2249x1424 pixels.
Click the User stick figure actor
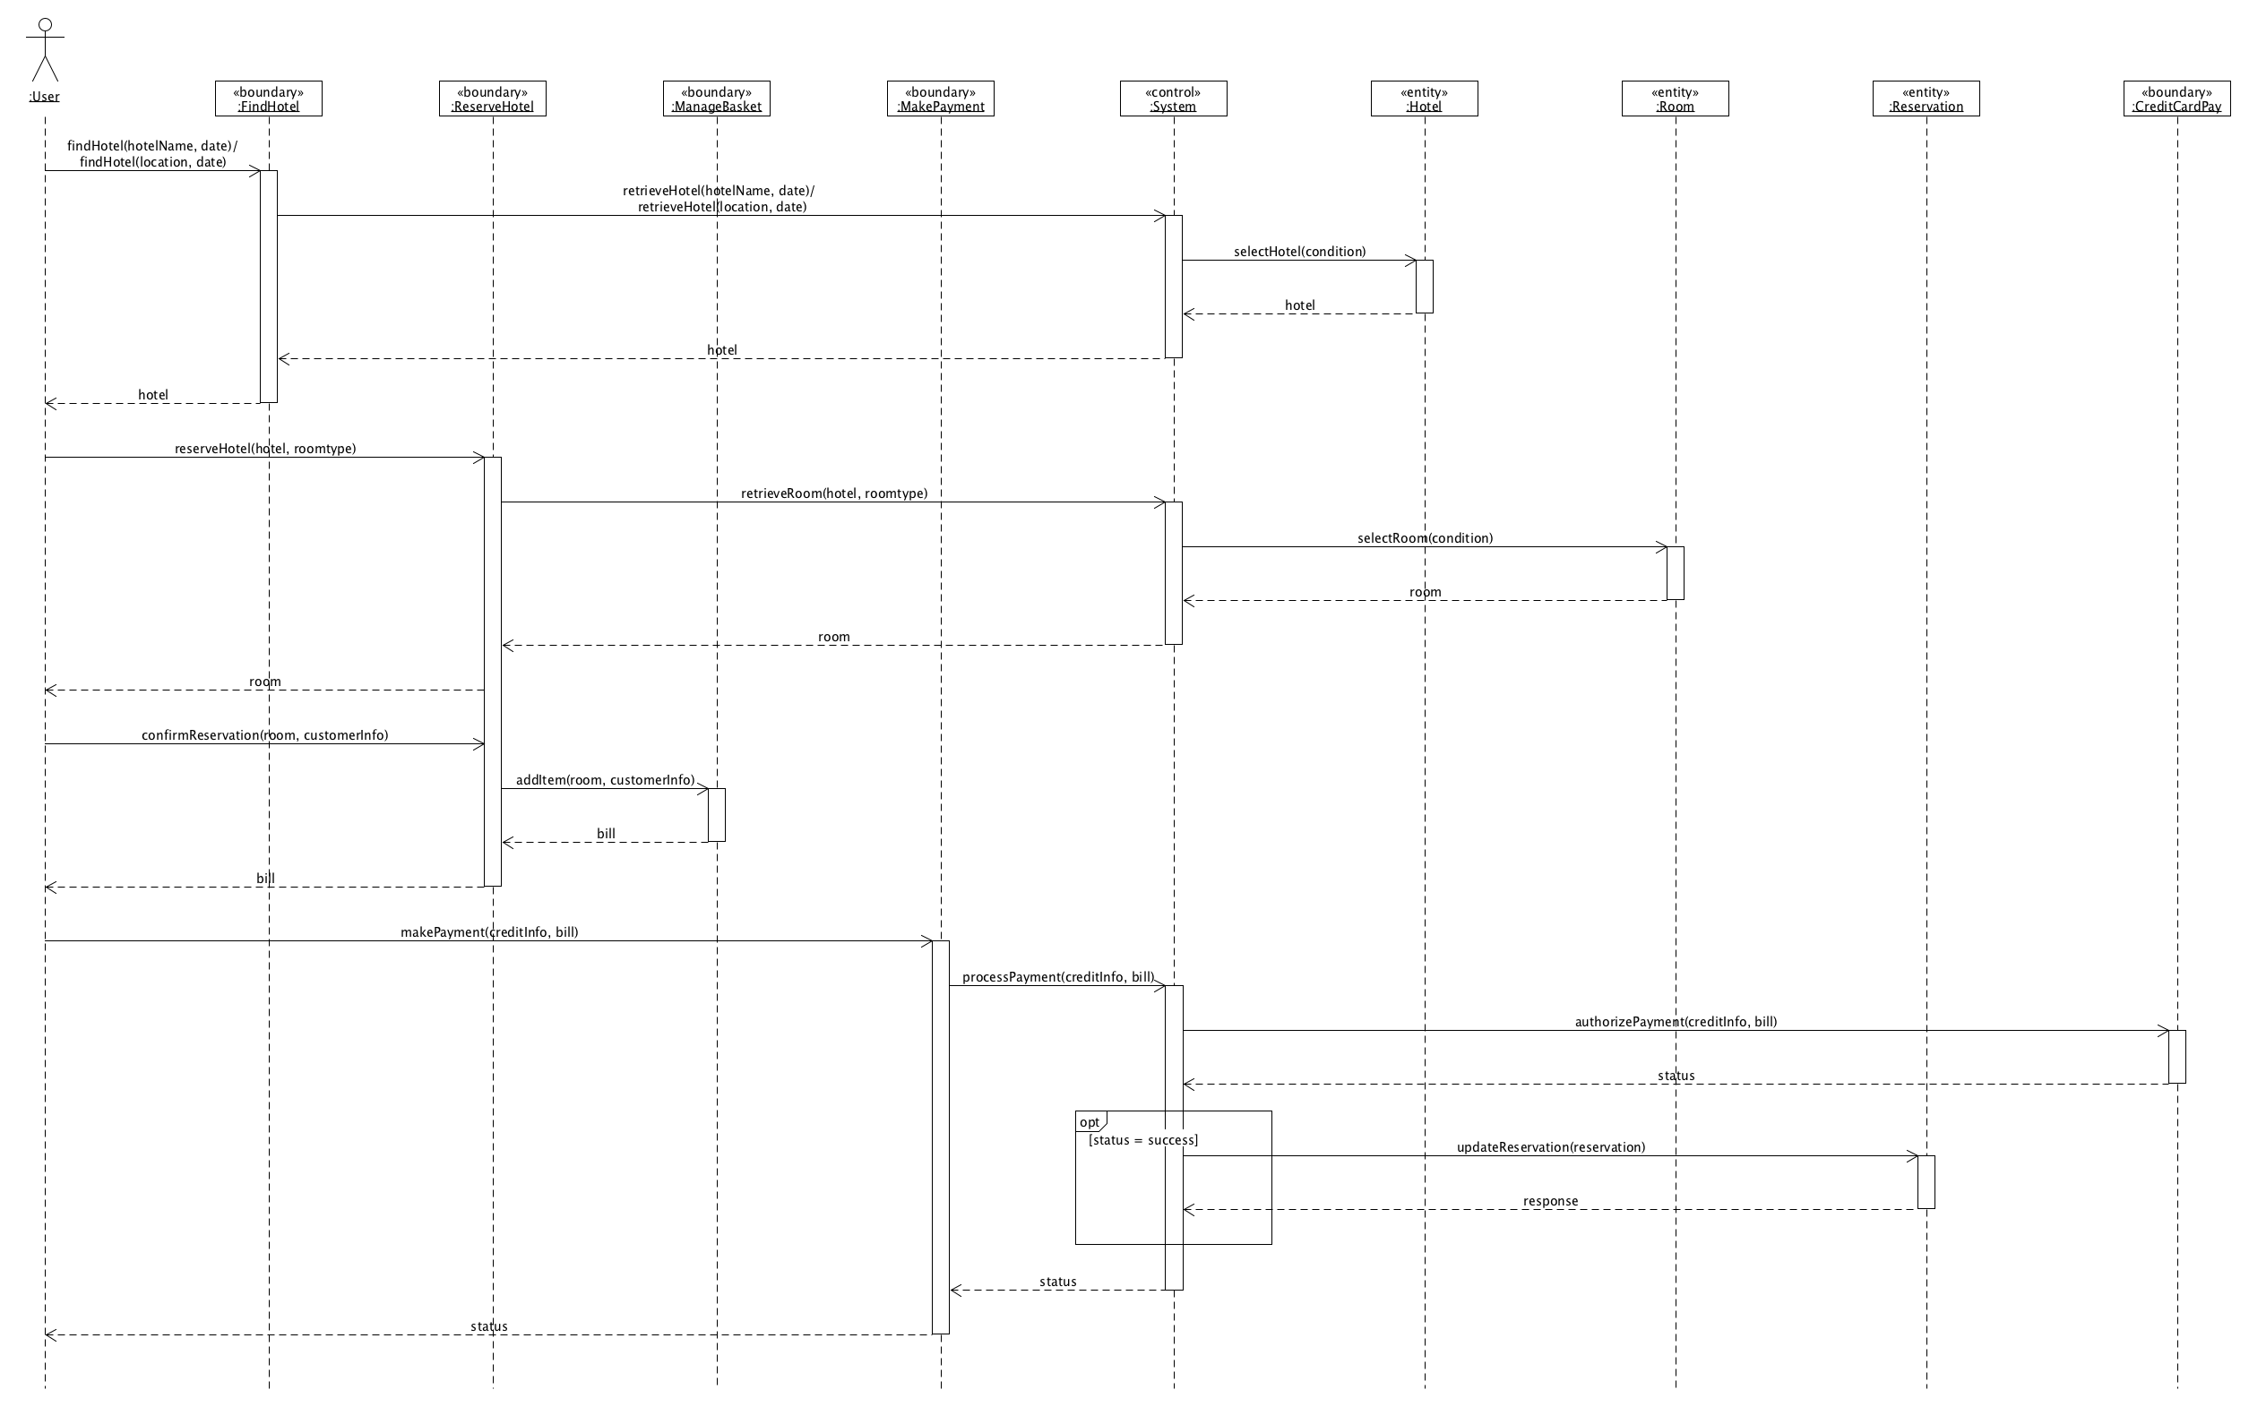click(45, 50)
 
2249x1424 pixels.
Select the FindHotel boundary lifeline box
click(268, 99)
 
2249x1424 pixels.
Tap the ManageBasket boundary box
click(716, 99)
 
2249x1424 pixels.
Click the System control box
click(1173, 99)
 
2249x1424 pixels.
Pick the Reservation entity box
click(1926, 99)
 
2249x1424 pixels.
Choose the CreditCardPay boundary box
click(2177, 99)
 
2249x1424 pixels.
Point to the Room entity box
click(1676, 99)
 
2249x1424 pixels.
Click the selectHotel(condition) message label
click(1299, 251)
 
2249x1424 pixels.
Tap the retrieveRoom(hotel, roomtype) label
click(834, 493)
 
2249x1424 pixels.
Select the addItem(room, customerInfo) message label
click(605, 780)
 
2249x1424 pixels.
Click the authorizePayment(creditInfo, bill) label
click(1676, 1022)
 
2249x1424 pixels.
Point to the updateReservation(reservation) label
click(1550, 1146)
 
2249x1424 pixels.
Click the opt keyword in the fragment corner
click(1089, 1122)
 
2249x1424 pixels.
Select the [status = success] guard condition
click(1143, 1140)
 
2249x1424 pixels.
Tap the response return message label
click(1550, 1201)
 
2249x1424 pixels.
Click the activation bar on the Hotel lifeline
click(1425, 287)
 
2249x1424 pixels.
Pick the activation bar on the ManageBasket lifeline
click(716, 815)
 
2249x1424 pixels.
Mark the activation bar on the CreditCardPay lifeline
click(2177, 1056)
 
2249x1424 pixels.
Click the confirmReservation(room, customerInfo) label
click(264, 735)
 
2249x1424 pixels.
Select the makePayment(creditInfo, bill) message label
click(489, 932)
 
